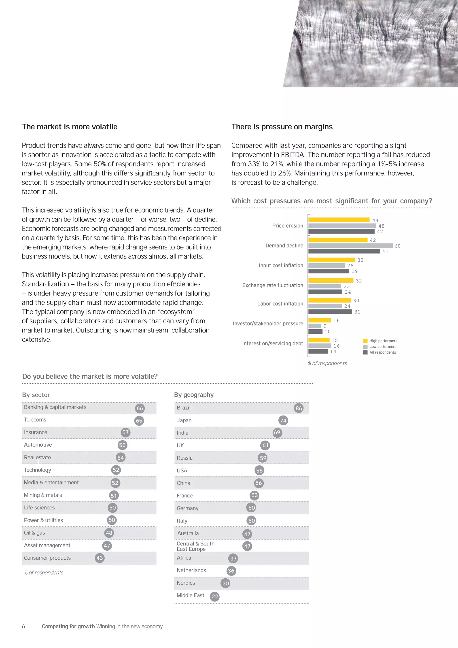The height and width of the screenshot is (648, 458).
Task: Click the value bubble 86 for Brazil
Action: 298,408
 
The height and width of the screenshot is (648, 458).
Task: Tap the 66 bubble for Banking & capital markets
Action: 140,408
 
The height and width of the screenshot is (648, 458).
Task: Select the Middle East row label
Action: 190,595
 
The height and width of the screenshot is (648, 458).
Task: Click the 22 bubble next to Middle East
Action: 215,596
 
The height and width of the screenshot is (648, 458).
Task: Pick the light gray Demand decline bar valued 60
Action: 350,245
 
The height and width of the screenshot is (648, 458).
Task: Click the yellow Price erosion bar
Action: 339,220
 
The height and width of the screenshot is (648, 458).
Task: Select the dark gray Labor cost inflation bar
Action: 330,312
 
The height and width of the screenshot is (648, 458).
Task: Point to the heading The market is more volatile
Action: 70,127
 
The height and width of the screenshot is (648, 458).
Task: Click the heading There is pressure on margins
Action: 282,127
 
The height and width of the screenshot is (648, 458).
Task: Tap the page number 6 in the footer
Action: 23,626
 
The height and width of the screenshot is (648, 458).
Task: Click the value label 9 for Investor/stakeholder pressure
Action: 325,326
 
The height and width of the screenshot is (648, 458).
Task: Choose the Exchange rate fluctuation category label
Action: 272,285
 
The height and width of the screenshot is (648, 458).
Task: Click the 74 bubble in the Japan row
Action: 283,420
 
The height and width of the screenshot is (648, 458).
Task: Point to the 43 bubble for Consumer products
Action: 100,558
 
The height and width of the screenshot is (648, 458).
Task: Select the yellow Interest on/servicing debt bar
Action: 319,340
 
